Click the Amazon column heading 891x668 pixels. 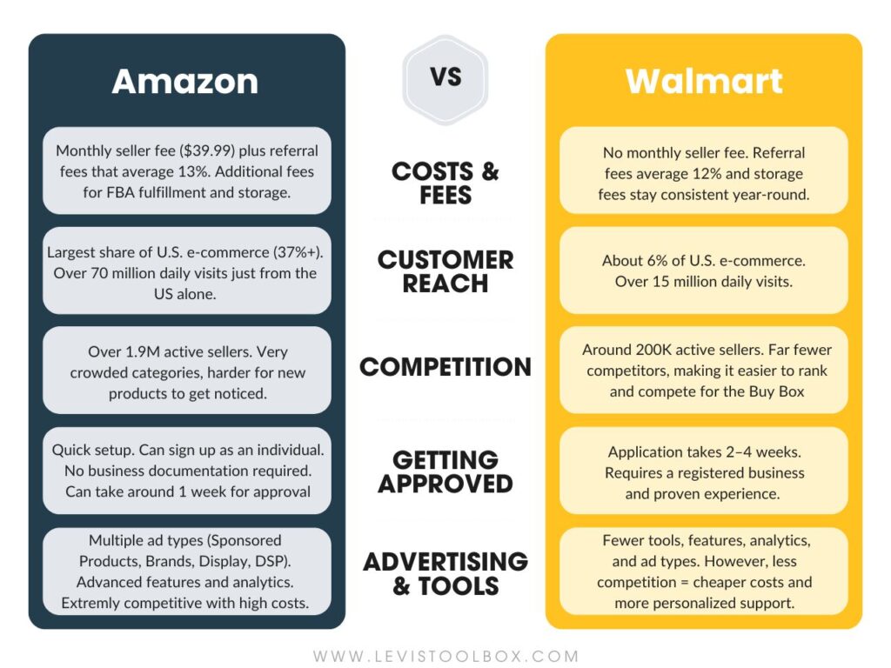tap(184, 82)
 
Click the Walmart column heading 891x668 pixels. tap(703, 82)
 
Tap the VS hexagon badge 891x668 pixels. tap(445, 77)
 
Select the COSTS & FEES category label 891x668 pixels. tap(445, 183)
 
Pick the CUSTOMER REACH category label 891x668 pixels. tap(445, 271)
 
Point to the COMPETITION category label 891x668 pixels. tap(445, 367)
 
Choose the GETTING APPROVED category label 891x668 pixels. tap(445, 471)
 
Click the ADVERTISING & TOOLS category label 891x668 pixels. tap(445, 573)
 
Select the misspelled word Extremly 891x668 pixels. tap(92, 603)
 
